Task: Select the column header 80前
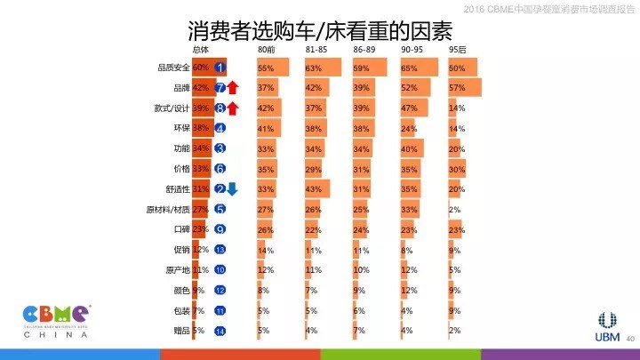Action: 267,50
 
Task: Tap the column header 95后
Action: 458,50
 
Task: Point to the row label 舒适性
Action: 174,189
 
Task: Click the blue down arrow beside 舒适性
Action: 232,189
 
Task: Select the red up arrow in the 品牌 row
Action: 233,88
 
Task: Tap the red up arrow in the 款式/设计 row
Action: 233,108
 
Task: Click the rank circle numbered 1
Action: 220,68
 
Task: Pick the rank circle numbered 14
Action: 220,331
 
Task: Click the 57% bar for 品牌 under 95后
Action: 464,88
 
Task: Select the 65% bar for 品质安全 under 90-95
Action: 420,68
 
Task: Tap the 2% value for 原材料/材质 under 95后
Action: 454,210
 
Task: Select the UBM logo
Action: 608,326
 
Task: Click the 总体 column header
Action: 200,50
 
